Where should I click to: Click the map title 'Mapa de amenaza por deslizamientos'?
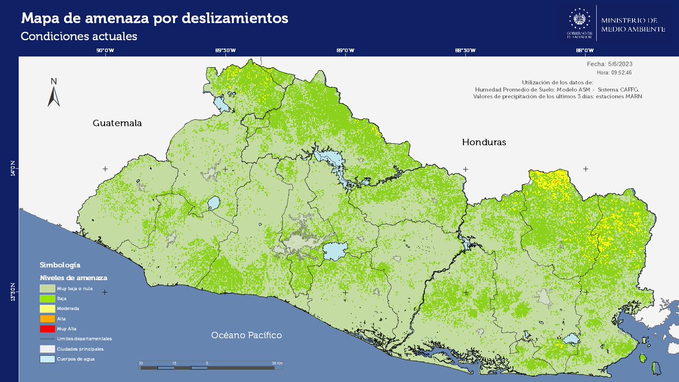(x=154, y=19)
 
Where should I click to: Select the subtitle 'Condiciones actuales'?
(x=79, y=36)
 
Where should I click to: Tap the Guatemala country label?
(x=117, y=123)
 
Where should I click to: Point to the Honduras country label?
(x=484, y=142)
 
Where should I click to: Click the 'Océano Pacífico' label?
(x=246, y=335)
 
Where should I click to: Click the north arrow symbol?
(x=54, y=93)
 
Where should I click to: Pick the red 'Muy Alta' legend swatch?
(x=47, y=328)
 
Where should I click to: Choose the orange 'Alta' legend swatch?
(x=47, y=319)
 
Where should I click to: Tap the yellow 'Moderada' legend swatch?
(x=47, y=308)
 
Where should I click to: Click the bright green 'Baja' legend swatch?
(x=47, y=298)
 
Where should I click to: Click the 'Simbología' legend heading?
(x=60, y=265)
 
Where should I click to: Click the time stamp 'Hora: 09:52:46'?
(x=614, y=72)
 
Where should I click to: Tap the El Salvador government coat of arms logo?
(x=578, y=21)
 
